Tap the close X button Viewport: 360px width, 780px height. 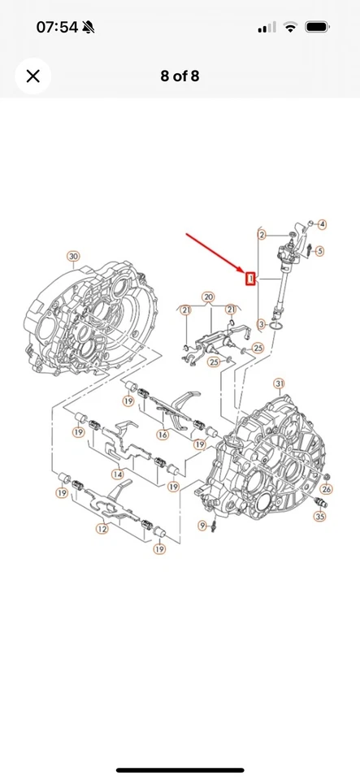33,76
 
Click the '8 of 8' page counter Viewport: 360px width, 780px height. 180,76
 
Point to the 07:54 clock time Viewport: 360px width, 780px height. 57,28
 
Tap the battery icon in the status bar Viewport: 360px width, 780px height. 317,28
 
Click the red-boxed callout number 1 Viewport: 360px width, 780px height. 251,279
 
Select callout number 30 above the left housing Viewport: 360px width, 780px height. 73,257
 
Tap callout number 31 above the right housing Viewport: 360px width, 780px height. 280,383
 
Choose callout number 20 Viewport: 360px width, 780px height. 208,297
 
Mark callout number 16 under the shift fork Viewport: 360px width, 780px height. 163,435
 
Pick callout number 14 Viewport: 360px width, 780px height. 117,474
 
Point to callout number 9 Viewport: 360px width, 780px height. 202,526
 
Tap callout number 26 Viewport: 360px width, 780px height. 327,489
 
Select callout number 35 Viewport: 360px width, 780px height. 320,515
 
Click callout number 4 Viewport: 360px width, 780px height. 322,224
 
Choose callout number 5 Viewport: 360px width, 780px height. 319,251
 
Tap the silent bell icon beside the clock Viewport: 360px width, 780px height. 89,28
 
